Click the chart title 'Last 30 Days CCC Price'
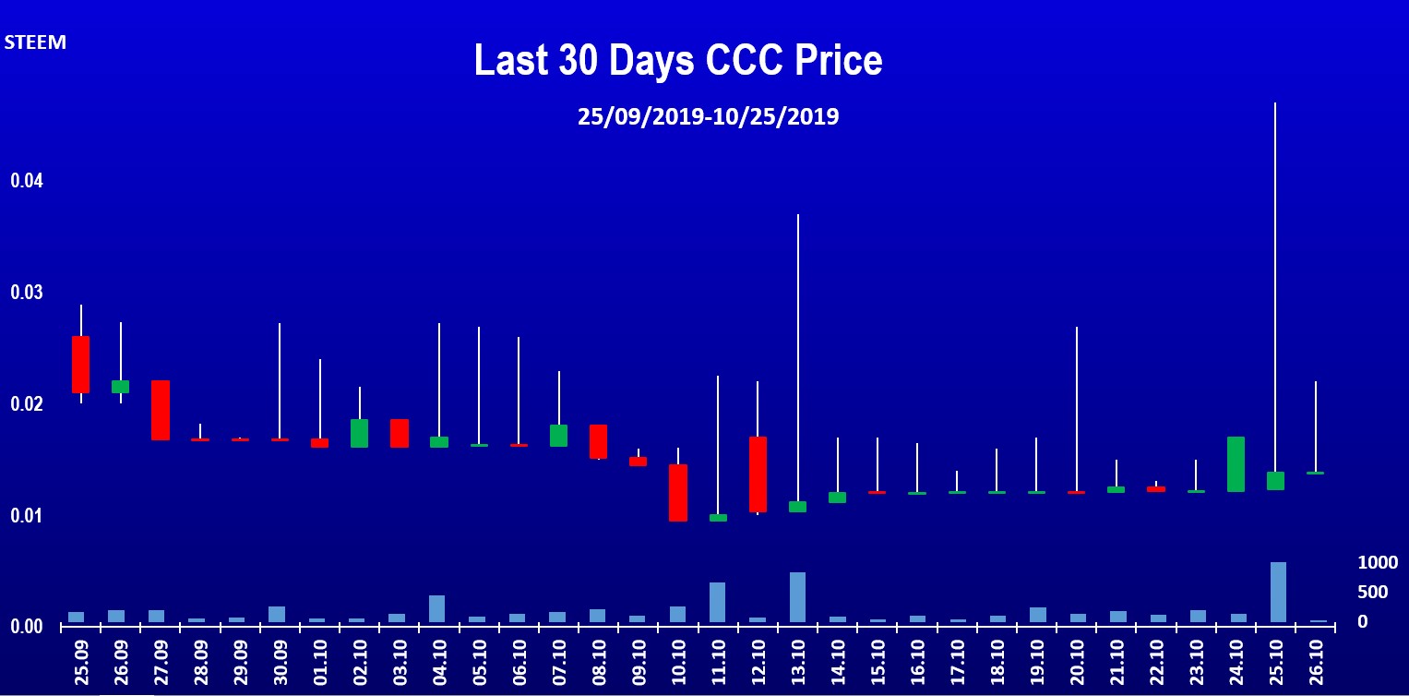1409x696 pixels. (678, 60)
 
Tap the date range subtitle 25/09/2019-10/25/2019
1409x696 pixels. (709, 117)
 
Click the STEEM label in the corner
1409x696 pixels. (35, 42)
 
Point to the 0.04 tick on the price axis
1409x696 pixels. (27, 181)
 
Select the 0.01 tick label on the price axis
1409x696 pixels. (27, 515)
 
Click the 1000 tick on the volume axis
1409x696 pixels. (1378, 562)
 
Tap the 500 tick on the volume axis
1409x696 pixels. (1372, 592)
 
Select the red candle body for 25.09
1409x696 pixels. (80, 365)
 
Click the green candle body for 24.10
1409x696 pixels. (1236, 463)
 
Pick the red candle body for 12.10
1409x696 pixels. (758, 474)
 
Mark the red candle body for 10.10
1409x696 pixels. (678, 493)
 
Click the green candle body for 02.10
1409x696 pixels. (359, 433)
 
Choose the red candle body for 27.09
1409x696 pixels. (161, 410)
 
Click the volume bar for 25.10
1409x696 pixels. (1278, 593)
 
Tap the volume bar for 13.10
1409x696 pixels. (797, 597)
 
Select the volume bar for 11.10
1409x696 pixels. (717, 602)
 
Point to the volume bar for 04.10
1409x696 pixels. (437, 608)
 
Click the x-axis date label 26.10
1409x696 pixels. (1316, 664)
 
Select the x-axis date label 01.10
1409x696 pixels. (320, 664)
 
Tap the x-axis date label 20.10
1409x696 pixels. (1077, 664)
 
